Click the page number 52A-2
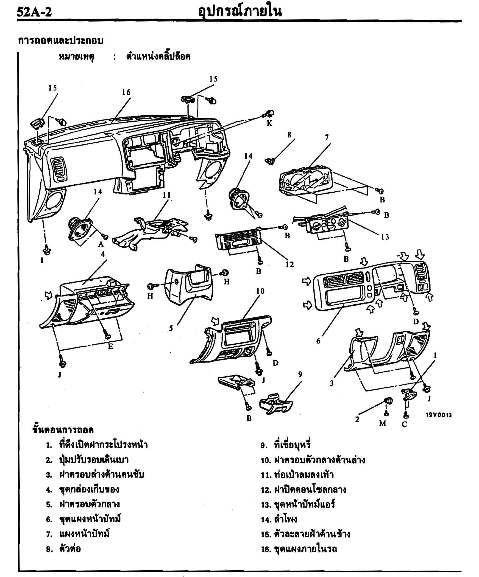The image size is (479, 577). (34, 12)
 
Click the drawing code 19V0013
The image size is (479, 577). (438, 415)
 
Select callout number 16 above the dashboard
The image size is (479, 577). (126, 92)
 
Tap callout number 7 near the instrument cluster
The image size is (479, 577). (327, 137)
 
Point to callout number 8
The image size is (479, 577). (289, 135)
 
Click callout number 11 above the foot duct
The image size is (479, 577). (167, 195)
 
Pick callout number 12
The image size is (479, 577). (290, 264)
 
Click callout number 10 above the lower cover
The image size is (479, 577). (260, 291)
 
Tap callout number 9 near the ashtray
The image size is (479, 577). (300, 374)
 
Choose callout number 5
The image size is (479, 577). (171, 328)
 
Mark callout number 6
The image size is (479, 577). (318, 341)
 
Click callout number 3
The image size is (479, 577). (331, 383)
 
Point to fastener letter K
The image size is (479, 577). (270, 123)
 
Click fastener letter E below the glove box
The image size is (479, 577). (110, 346)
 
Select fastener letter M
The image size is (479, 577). (383, 423)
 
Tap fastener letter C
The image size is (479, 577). (404, 425)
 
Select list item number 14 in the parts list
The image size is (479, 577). (279, 519)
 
